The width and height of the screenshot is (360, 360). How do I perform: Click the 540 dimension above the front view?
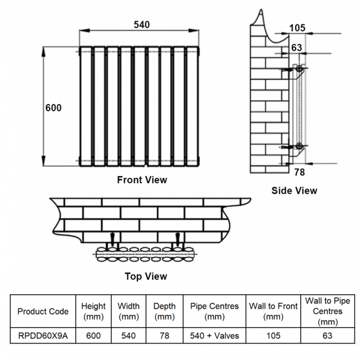coord(141,24)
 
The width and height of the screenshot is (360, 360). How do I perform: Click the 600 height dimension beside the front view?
coord(53,108)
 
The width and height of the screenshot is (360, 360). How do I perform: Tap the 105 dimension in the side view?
coord(297,28)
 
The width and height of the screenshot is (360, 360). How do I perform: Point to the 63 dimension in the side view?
coord(297,48)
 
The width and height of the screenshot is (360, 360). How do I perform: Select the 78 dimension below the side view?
coord(299,172)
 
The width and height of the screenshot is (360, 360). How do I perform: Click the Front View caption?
coord(142,180)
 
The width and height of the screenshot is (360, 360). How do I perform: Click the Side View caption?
coord(294,191)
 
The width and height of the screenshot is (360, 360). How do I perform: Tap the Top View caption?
coord(146,276)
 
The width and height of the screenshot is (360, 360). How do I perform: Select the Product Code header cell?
coord(43,311)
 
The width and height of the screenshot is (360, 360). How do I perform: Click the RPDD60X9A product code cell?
coord(43,336)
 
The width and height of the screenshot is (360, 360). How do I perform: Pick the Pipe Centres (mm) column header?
coord(214,311)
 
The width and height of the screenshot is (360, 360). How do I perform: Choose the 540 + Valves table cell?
coord(214,336)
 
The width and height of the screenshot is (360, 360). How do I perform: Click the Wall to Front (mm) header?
coord(273,311)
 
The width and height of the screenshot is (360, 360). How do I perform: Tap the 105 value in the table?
coord(273,336)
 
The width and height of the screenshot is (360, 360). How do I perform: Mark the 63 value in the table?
coord(328,336)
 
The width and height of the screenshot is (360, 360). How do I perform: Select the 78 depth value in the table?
coord(164,336)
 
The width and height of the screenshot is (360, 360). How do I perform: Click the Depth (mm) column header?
coord(164,311)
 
